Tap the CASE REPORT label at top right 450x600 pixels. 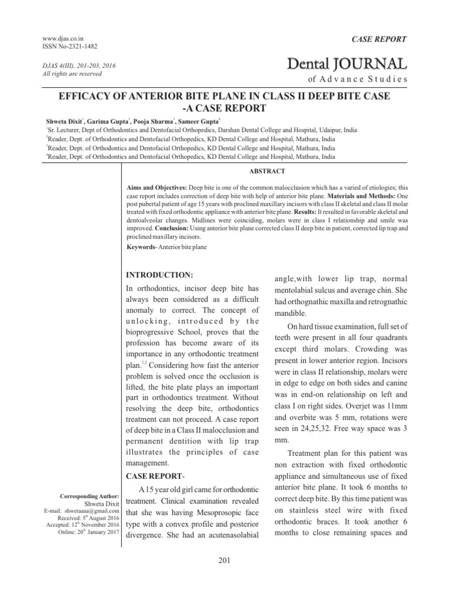pyautogui.click(x=378, y=39)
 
